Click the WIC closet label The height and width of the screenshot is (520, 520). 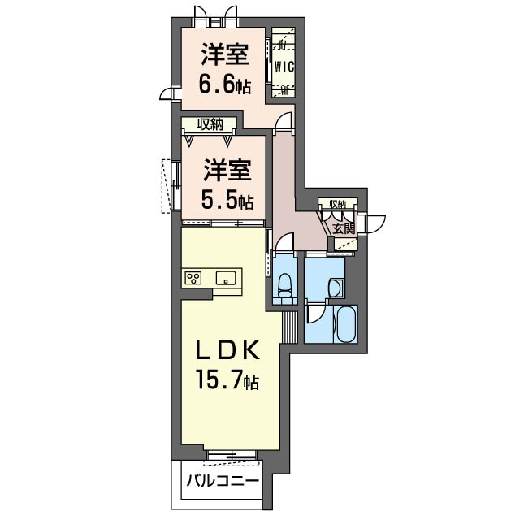[284, 67]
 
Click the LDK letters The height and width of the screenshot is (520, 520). [227, 351]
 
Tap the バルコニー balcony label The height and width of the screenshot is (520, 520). [223, 481]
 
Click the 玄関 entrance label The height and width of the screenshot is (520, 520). [344, 228]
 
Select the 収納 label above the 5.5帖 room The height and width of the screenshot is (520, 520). [210, 124]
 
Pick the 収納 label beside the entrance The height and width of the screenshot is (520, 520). [338, 204]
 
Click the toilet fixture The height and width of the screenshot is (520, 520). [284, 285]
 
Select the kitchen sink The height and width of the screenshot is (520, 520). [226, 277]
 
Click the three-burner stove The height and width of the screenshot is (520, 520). [193, 278]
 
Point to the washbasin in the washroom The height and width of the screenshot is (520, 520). [336, 287]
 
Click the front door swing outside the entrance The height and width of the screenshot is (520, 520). [375, 225]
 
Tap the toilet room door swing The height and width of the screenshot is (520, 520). [284, 243]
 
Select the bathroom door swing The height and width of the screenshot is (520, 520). [315, 313]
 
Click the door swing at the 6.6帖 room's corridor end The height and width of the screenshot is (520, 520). [284, 123]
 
